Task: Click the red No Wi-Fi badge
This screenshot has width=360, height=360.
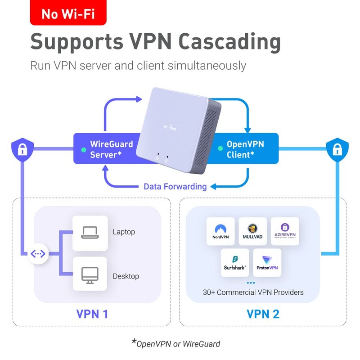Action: (x=68, y=13)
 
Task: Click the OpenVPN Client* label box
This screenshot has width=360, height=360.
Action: (x=245, y=149)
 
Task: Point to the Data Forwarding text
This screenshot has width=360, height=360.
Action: (x=175, y=186)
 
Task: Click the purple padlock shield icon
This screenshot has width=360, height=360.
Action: (x=22, y=148)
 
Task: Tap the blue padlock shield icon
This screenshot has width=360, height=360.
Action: (x=337, y=148)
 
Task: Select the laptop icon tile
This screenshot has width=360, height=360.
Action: (x=90, y=233)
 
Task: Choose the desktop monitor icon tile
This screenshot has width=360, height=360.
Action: (x=90, y=274)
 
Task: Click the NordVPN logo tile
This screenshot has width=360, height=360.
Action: (x=220, y=231)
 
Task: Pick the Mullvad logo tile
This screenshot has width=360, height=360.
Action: (x=253, y=231)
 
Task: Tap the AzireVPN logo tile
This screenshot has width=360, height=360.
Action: (x=285, y=231)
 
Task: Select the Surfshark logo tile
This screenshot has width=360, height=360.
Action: (x=235, y=263)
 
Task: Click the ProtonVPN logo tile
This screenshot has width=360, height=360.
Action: (x=267, y=263)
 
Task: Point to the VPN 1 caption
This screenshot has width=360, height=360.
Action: (x=92, y=314)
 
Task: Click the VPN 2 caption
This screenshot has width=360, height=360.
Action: (x=263, y=314)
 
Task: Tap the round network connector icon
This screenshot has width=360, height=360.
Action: (x=38, y=254)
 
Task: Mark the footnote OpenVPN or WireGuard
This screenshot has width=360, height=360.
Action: (x=178, y=344)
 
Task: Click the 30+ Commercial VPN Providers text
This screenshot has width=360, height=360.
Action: (x=253, y=292)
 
